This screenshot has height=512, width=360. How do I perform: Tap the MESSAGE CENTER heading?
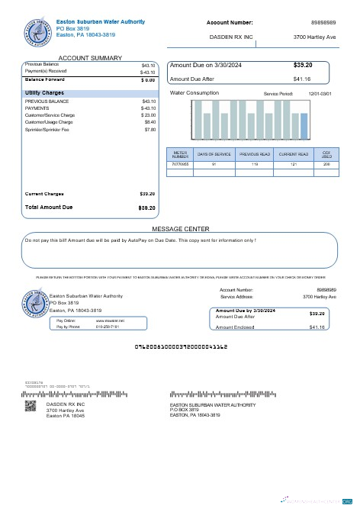click(180, 228)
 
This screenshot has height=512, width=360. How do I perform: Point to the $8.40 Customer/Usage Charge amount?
click(149, 121)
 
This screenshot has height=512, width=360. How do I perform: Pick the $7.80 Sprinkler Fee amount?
click(149, 130)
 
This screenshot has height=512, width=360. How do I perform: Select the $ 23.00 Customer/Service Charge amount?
click(148, 114)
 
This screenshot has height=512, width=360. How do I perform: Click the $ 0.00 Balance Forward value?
click(148, 79)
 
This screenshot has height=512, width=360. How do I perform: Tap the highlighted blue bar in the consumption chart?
click(304, 126)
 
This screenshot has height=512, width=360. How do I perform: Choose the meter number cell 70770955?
click(180, 164)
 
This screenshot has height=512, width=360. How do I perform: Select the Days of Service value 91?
click(214, 164)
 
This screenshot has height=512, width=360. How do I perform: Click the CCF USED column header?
click(326, 154)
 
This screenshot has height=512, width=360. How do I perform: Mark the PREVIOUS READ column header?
click(255, 154)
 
